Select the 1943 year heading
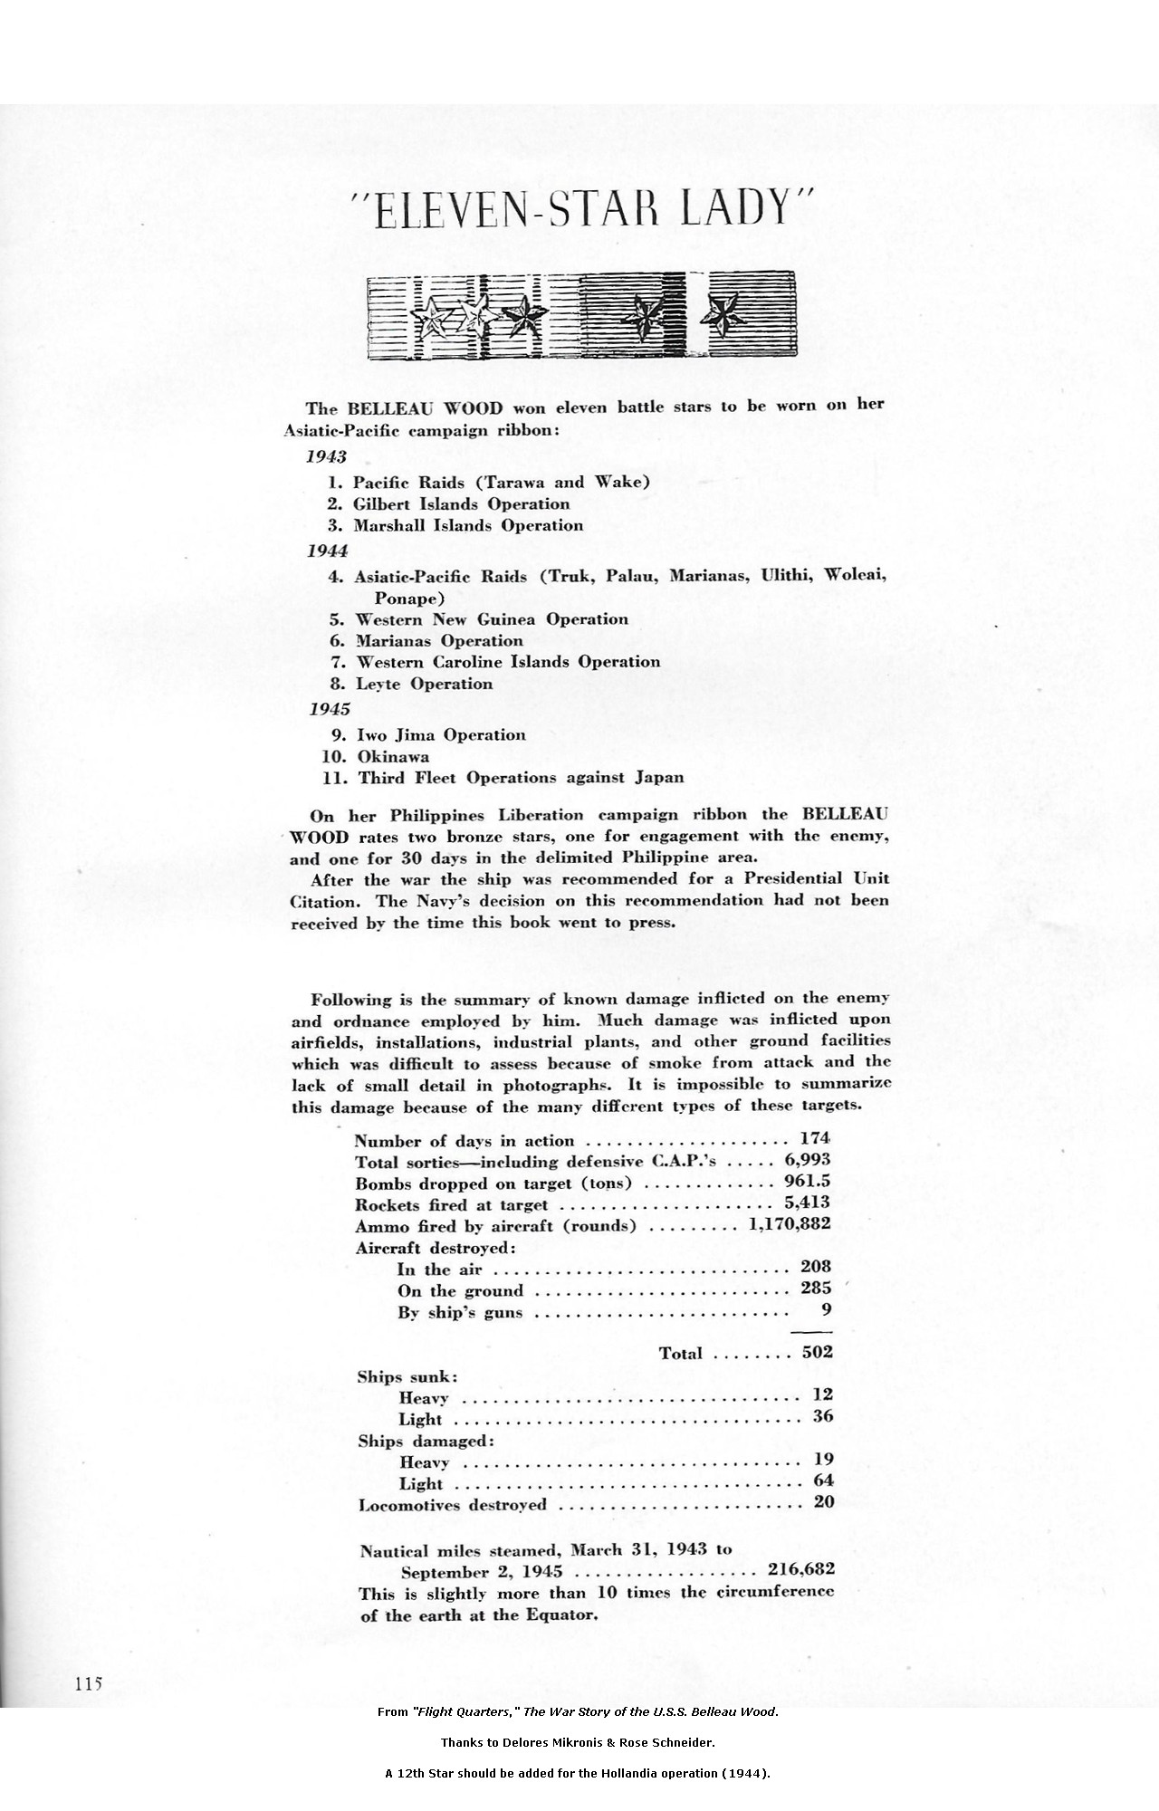click(327, 456)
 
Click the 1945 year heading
click(330, 708)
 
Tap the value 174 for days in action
click(815, 1137)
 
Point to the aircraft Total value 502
click(818, 1353)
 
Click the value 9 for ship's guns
click(827, 1308)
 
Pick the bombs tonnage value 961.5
click(808, 1181)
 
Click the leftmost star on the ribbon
click(428, 317)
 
